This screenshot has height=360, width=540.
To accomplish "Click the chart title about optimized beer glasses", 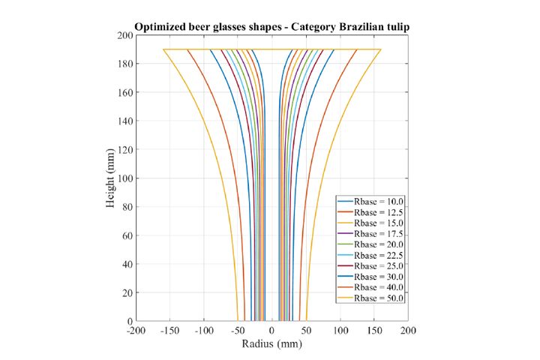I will pyautogui.click(x=271, y=27).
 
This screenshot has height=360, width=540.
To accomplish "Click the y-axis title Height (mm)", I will pyautogui.click(x=110, y=178).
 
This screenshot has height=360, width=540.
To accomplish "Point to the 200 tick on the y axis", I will pyautogui.click(x=124, y=36).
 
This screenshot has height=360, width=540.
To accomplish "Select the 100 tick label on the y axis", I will pyautogui.click(x=124, y=178).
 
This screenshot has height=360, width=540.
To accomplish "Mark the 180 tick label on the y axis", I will pyautogui.click(x=124, y=64).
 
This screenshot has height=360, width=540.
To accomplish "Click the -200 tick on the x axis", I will pyautogui.click(x=136, y=331).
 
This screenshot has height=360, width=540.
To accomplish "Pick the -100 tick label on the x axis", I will pyautogui.click(x=203, y=331).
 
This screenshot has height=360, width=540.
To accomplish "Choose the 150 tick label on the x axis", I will pyautogui.click(x=374, y=331).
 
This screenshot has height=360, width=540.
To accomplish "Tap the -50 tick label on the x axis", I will pyautogui.click(x=238, y=331).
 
